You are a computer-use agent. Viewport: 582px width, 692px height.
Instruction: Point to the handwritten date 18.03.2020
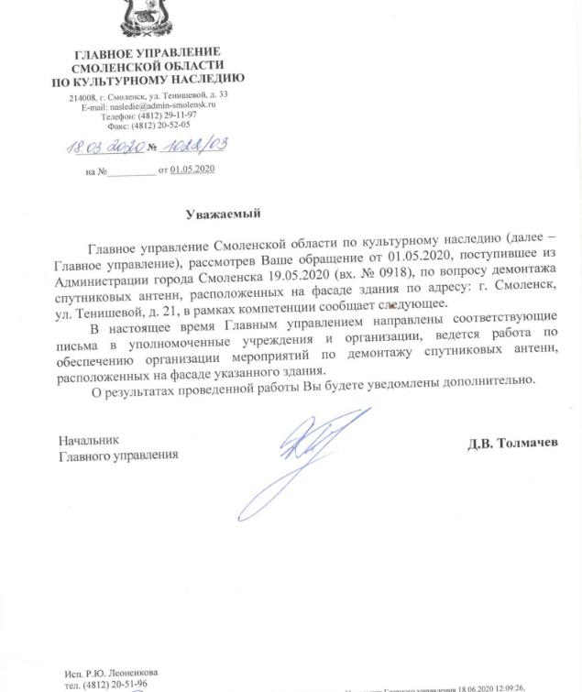[x=97, y=147]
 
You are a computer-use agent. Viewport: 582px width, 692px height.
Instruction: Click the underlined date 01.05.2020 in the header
[x=192, y=170]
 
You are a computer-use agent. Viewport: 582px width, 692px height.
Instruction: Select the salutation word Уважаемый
[x=223, y=214]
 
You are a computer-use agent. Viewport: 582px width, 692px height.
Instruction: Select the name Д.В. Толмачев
[x=512, y=444]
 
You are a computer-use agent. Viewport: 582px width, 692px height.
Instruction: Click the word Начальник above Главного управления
[x=89, y=440]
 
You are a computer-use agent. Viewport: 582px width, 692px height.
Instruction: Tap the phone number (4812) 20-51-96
[x=106, y=684]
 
